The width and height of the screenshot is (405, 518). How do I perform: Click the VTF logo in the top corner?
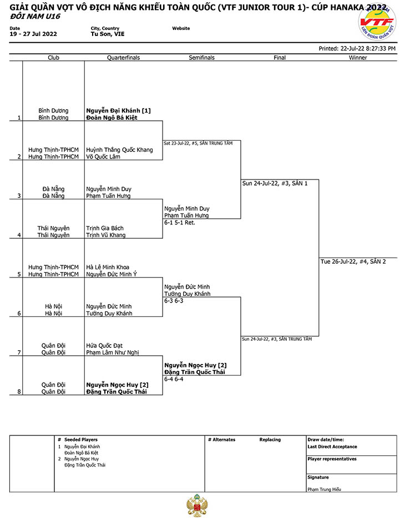[377, 22]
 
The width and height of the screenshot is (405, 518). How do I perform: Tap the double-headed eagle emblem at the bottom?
[197, 506]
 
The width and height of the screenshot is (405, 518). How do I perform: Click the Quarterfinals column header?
[123, 58]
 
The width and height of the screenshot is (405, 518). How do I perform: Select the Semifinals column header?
[201, 58]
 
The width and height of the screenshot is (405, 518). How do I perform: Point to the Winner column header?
[358, 58]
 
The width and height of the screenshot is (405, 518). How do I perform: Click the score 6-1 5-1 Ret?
[180, 223]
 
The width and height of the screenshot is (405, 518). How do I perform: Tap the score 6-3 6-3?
[174, 301]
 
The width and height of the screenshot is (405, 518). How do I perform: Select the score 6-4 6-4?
[174, 379]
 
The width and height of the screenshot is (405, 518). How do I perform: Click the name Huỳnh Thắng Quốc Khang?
[119, 150]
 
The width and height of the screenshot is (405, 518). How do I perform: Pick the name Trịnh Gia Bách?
[105, 228]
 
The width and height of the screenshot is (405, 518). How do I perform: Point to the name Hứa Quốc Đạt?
[104, 346]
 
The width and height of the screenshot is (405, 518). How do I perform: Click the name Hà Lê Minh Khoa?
[108, 267]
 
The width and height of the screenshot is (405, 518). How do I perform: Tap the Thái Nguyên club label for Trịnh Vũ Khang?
[53, 235]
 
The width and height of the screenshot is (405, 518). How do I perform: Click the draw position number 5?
[19, 274]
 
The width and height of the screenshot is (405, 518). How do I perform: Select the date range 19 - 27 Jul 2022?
[33, 34]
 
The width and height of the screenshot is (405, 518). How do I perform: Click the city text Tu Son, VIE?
[108, 34]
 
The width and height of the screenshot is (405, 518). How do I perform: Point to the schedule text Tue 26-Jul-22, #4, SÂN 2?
[353, 261]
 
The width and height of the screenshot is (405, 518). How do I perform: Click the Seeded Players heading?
[81, 439]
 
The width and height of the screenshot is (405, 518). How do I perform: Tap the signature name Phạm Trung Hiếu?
[324, 489]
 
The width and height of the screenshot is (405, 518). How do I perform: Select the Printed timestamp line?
[357, 49]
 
